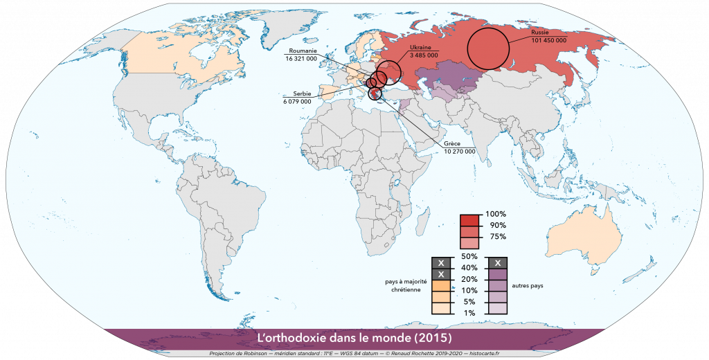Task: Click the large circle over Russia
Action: [489, 49]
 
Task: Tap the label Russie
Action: [540, 33]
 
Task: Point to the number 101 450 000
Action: [548, 41]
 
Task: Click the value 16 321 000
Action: [301, 59]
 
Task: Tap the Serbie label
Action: [301, 93]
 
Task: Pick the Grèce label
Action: [453, 143]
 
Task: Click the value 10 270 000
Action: [460, 151]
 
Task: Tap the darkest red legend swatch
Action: [471, 220]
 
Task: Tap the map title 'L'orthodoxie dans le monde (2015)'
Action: [354, 338]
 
